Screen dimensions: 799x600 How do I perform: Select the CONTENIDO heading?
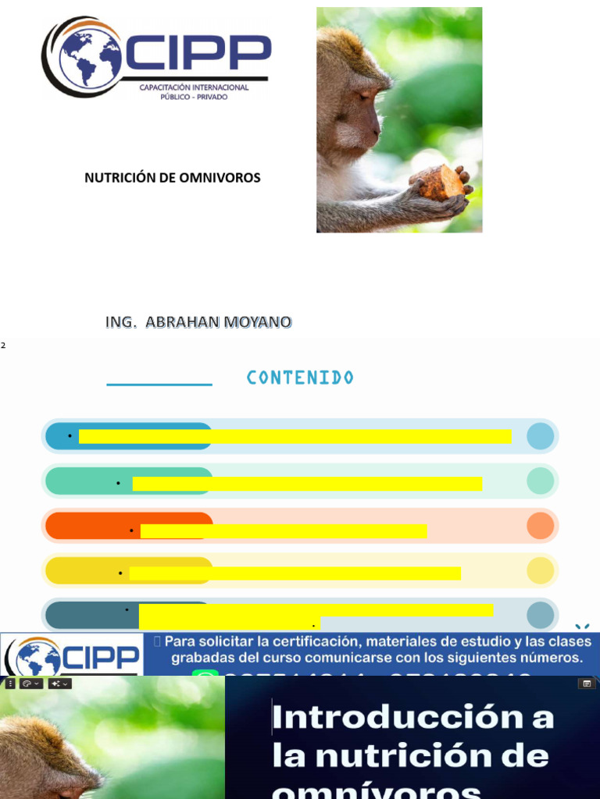tap(300, 378)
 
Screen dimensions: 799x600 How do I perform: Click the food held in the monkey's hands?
tap(441, 183)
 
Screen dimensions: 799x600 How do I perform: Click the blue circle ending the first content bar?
tap(540, 436)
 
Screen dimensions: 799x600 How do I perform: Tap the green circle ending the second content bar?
tap(540, 481)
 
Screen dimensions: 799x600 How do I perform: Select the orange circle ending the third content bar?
tap(540, 526)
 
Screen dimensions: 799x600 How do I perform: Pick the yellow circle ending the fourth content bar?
tap(540, 571)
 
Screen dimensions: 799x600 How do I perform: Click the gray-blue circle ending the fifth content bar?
tap(540, 616)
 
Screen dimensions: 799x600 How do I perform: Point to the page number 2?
tap(3, 345)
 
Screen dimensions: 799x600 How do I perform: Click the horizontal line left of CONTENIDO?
tap(159, 385)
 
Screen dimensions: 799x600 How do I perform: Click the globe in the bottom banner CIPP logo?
tap(38, 658)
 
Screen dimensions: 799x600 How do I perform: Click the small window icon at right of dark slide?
tap(586, 684)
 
